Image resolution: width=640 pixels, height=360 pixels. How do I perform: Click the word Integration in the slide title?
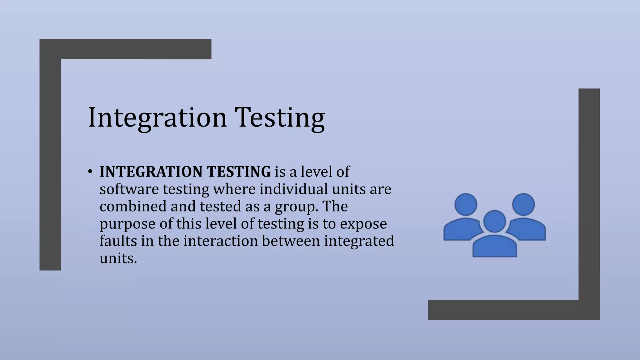pos(157,117)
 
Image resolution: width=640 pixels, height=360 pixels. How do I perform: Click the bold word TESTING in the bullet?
pos(239,172)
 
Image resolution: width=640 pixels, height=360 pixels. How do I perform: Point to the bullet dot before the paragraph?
pos(90,172)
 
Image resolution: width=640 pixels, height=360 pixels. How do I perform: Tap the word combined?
pos(133,206)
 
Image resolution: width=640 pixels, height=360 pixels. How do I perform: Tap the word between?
pos(291,241)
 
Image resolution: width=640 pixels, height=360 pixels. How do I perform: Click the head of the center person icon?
pos(494,221)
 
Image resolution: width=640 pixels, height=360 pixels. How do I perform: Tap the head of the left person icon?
pos(466,204)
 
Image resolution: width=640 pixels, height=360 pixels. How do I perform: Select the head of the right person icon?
pos(523,204)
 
